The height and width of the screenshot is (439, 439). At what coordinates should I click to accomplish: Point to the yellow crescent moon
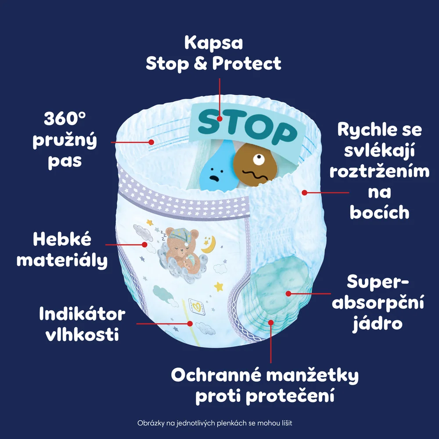point(209,245)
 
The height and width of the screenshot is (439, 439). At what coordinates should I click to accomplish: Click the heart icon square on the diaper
point(197,307)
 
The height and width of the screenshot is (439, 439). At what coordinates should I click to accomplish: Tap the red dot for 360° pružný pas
point(151,142)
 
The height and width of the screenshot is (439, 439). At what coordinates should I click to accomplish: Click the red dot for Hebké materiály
point(144,245)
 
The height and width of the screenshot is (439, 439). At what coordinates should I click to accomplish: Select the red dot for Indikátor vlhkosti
point(190,324)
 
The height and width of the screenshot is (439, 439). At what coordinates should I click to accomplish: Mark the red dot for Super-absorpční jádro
point(288,293)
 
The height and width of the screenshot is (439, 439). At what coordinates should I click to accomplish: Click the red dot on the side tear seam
point(305,193)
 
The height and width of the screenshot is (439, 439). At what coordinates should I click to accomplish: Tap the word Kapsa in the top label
point(214,43)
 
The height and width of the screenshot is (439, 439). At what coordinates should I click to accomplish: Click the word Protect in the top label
point(247,64)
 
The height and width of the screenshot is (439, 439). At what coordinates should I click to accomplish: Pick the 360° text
point(65,119)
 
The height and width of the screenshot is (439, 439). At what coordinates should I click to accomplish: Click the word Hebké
point(62,239)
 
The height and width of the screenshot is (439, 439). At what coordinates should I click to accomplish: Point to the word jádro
point(378,324)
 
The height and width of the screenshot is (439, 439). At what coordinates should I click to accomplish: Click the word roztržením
point(379,171)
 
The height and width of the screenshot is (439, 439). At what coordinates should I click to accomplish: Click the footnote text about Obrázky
point(215,423)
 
